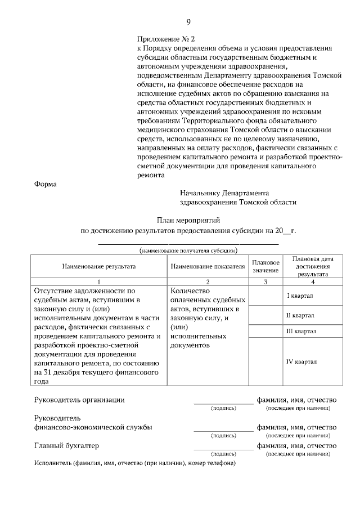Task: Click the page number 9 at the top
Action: click(188, 22)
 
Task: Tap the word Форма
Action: click(46, 184)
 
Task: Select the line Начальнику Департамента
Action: click(221, 193)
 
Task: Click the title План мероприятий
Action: click(188, 220)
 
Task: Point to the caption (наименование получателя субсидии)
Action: click(188, 250)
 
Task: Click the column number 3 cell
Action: click(265, 281)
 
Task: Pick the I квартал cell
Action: click(300, 296)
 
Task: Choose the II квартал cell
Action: click(300, 315)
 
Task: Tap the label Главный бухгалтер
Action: click(66, 445)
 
